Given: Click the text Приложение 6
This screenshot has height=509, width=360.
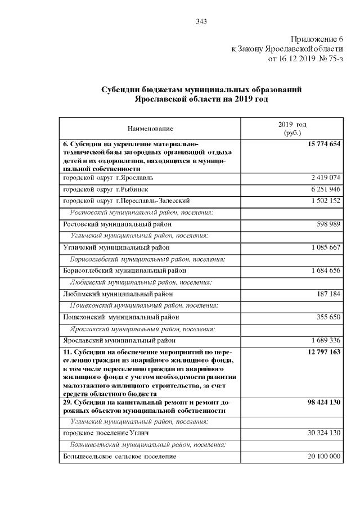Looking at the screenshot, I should pos(317,39).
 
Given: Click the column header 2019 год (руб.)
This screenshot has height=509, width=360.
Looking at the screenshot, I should pos(292,128).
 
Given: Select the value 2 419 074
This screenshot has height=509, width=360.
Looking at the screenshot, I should pos(326,178).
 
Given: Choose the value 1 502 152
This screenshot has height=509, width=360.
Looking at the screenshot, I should pos(326,200).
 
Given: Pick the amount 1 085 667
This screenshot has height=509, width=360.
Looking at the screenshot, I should pos(326,247).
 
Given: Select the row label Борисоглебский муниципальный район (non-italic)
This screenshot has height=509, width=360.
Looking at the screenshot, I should pos(124,271).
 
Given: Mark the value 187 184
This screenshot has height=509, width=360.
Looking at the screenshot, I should pos(329,294).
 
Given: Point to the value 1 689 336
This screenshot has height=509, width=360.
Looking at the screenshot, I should pos(326,340).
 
